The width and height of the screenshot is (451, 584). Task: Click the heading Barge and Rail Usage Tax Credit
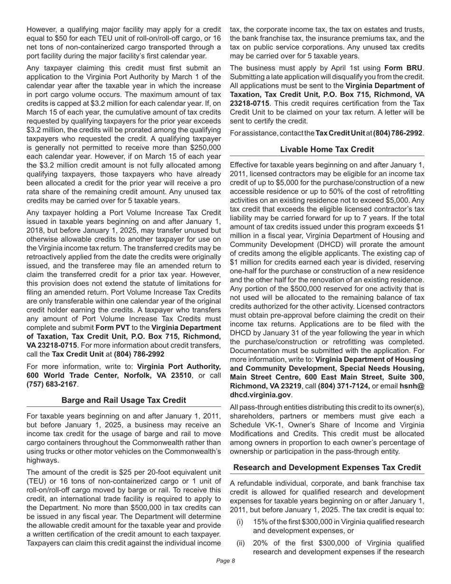point(123,400)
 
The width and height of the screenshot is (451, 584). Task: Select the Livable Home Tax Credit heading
point(327,149)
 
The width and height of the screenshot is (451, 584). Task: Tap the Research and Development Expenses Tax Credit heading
point(327,468)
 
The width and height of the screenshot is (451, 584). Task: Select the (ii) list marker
point(241,543)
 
